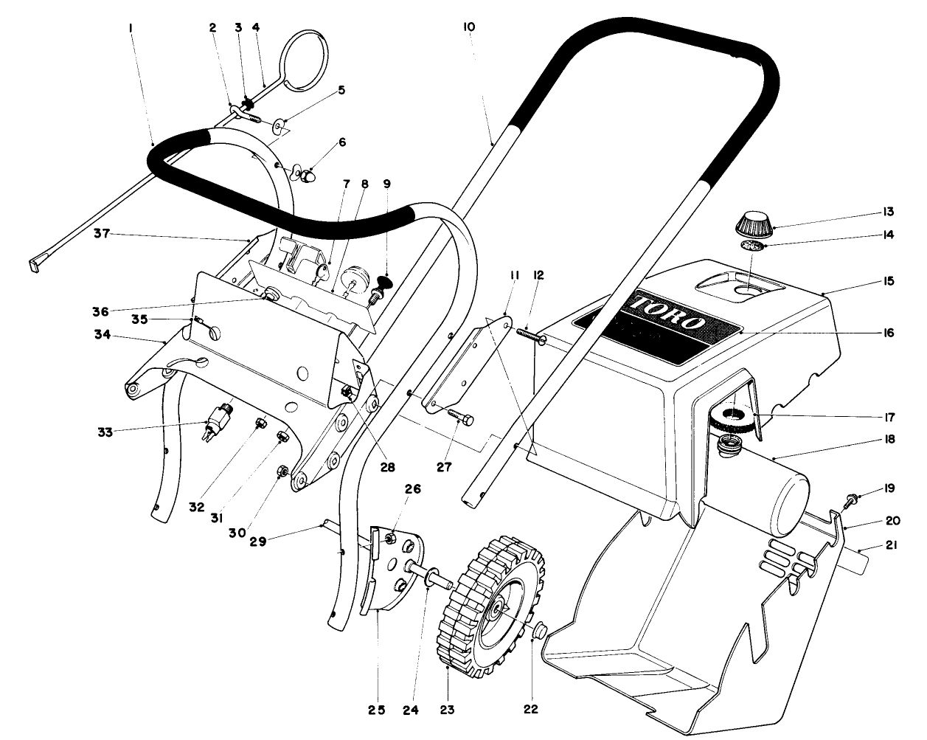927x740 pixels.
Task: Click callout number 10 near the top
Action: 469,27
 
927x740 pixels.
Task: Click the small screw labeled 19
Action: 853,499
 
